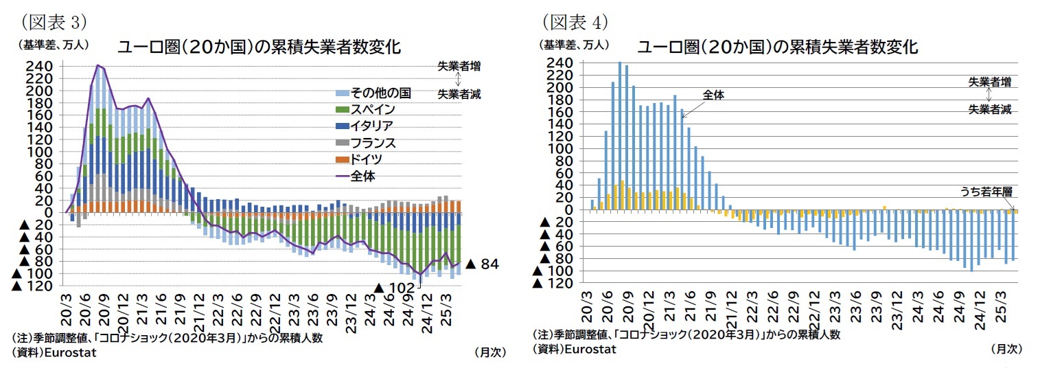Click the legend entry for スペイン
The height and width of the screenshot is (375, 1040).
pos(373,109)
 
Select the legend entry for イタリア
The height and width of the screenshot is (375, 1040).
pos(373,126)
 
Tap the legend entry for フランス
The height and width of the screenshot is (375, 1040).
pos(373,143)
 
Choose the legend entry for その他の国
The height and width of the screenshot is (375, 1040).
pos(380,93)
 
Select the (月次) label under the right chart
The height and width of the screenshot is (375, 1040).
pos(1006,349)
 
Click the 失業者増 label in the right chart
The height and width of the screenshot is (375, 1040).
pos(989,82)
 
